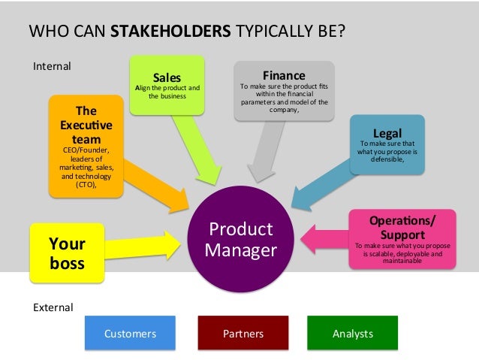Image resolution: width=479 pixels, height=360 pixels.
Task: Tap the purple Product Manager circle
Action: (240, 239)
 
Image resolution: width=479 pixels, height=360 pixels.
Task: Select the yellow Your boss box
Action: (67, 253)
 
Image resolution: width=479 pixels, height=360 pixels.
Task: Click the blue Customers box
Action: (130, 333)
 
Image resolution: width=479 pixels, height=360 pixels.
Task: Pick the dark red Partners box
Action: (243, 333)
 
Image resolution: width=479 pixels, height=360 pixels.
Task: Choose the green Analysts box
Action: (352, 333)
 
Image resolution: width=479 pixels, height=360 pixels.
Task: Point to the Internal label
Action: (52, 66)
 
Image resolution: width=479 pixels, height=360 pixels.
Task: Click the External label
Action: (53, 307)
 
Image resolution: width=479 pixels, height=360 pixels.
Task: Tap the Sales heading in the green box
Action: (167, 77)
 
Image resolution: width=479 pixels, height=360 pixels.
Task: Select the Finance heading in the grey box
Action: (283, 75)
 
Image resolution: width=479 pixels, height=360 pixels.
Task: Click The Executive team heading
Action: (86, 125)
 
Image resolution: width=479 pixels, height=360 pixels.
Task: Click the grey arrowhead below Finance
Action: (259, 170)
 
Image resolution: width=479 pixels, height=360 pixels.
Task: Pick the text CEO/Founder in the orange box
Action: (86, 150)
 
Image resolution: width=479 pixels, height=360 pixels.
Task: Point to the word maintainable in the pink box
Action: (403, 262)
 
